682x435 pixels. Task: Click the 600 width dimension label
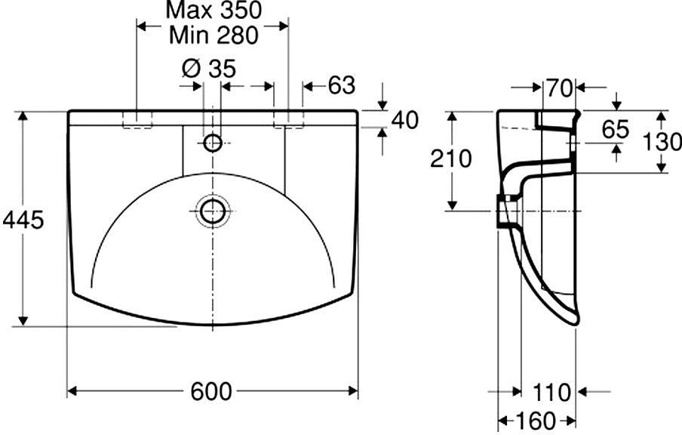211,391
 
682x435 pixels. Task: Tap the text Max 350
214,11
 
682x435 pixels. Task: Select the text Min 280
214,35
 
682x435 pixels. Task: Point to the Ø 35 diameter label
209,68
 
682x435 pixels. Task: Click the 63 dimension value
342,85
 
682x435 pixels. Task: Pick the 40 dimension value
404,120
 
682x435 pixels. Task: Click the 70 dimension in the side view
559,88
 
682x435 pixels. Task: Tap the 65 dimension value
616,129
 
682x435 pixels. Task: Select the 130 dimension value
662,142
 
